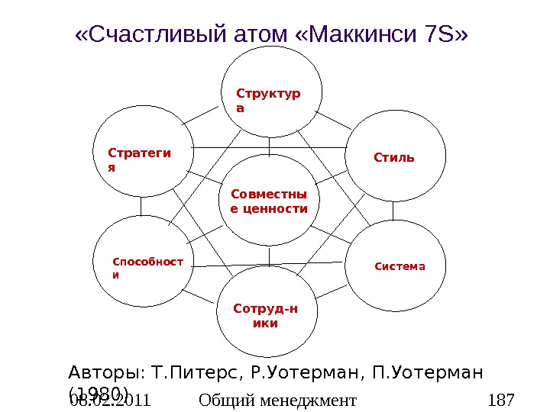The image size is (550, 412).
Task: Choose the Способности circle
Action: (x=143, y=263)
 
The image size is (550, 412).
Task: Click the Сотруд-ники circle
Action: (x=267, y=316)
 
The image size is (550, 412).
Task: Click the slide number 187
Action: (x=501, y=400)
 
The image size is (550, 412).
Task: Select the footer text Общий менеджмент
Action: (x=277, y=400)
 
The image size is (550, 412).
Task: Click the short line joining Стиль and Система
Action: (x=393, y=211)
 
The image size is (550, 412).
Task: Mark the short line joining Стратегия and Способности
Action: (x=141, y=206)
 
